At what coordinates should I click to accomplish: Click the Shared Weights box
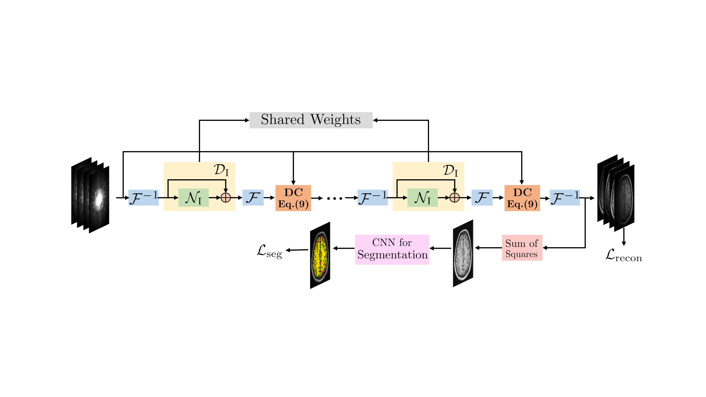311,120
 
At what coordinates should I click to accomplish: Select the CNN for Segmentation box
392,249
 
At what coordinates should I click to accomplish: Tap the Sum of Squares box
522,248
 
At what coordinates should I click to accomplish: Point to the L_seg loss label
269,251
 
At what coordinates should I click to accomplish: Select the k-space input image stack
90,195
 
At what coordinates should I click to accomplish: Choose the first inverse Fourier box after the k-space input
143,198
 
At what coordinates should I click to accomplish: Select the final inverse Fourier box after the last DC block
565,198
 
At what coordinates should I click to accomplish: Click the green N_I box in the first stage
193,198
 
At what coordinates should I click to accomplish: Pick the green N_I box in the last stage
422,198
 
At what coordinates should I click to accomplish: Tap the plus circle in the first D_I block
226,198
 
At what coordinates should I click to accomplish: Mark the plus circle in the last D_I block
454,198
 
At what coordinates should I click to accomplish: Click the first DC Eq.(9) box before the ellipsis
293,198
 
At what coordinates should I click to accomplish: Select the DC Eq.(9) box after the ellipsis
522,198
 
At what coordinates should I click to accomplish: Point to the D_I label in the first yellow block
221,170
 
